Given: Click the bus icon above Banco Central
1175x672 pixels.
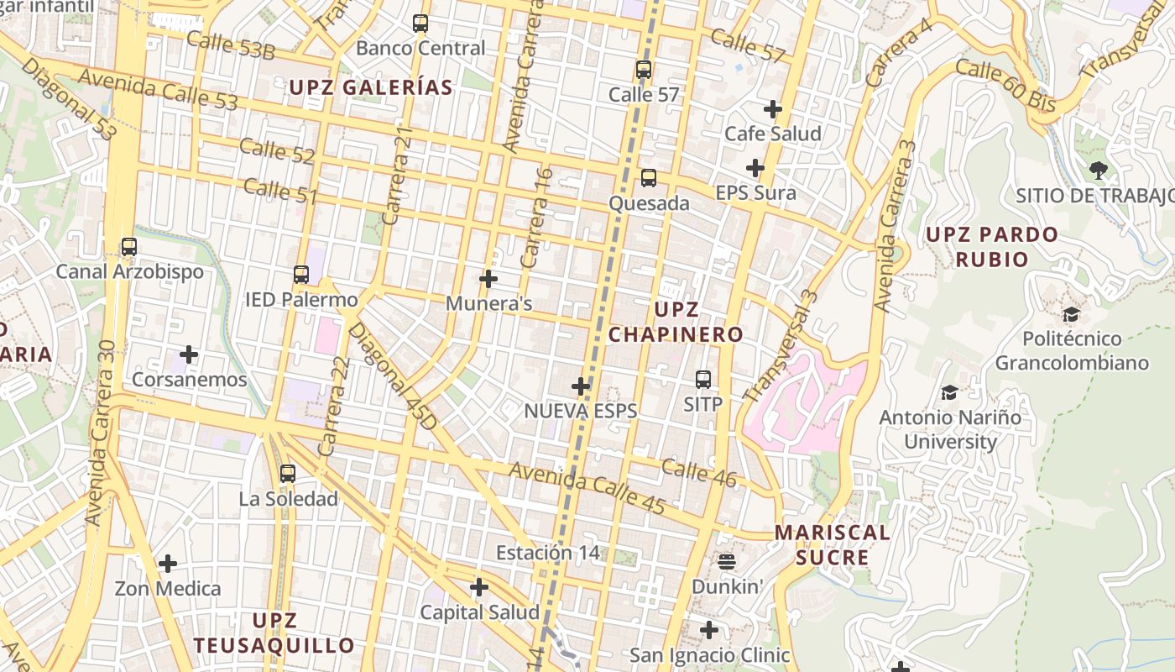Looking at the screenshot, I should [420, 24].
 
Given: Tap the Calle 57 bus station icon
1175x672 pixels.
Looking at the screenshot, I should [644, 70].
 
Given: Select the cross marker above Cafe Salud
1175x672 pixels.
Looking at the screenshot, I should [773, 109].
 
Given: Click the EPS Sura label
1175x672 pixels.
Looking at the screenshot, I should [755, 193].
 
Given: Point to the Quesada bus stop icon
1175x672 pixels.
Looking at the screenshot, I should [649, 178].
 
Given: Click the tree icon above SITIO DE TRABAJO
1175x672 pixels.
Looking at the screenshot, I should [1098, 171].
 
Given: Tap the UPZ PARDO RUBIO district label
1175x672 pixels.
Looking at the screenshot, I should [991, 247].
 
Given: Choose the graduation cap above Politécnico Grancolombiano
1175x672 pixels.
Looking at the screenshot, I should [1071, 315].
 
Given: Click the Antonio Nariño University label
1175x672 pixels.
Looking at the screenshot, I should [950, 429].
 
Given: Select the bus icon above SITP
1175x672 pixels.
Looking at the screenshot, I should [703, 380].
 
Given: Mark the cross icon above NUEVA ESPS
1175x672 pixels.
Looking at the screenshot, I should [581, 386].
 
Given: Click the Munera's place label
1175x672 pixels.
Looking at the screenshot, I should [488, 303].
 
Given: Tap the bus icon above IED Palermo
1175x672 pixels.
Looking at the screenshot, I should [301, 275].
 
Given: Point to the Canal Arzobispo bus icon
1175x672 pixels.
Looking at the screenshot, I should [129, 247].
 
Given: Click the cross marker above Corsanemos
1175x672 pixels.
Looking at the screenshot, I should [189, 354].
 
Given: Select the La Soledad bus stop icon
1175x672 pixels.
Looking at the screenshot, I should [288, 474].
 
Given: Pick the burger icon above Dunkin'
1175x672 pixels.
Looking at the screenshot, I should [727, 561].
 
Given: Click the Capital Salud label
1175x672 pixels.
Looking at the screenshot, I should [479, 612].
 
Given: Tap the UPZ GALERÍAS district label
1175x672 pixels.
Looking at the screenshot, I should [371, 87].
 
